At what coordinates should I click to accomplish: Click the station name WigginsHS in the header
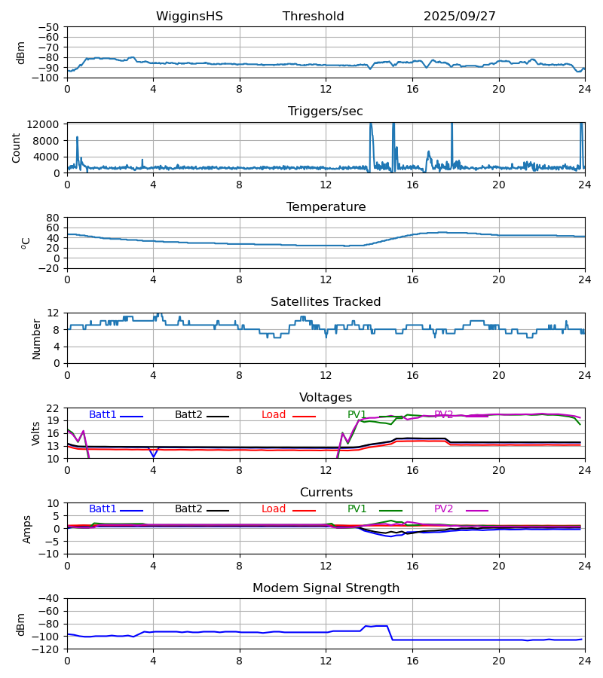pyautogui.click(x=189, y=17)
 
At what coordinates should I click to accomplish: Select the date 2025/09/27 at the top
pyautogui.click(x=460, y=17)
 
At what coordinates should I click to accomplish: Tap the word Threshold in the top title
pyautogui.click(x=313, y=17)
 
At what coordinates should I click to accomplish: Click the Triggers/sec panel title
pyautogui.click(x=326, y=111)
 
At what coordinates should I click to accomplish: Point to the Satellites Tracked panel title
pyautogui.click(x=326, y=302)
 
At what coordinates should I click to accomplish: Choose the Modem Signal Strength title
pyautogui.click(x=326, y=588)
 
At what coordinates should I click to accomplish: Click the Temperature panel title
pyautogui.click(x=326, y=207)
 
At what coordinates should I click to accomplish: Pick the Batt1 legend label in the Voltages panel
pyautogui.click(x=103, y=415)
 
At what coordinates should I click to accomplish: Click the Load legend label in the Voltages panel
pyautogui.click(x=274, y=415)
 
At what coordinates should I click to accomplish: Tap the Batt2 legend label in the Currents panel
pyautogui.click(x=188, y=509)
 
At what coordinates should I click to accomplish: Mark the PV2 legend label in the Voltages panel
pyautogui.click(x=443, y=415)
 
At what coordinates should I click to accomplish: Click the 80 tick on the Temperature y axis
pyautogui.click(x=53, y=218)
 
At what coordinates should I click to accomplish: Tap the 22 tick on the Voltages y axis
pyautogui.click(x=53, y=408)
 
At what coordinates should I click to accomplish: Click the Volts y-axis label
pyautogui.click(x=35, y=433)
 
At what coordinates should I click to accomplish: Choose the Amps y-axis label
pyautogui.click(x=28, y=529)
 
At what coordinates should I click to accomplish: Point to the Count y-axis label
pyautogui.click(x=17, y=148)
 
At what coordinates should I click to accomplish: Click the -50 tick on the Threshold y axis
pyautogui.click(x=50, y=27)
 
